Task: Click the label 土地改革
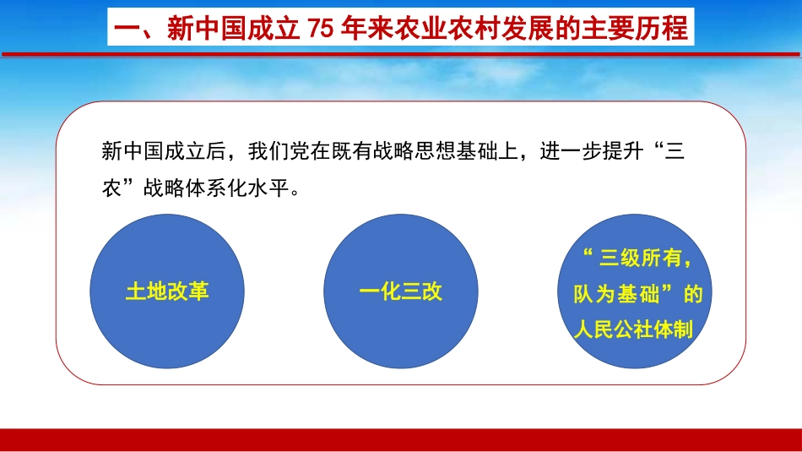(x=167, y=291)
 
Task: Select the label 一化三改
(x=401, y=291)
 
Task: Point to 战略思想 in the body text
(x=399, y=153)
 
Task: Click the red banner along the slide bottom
(x=401, y=439)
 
